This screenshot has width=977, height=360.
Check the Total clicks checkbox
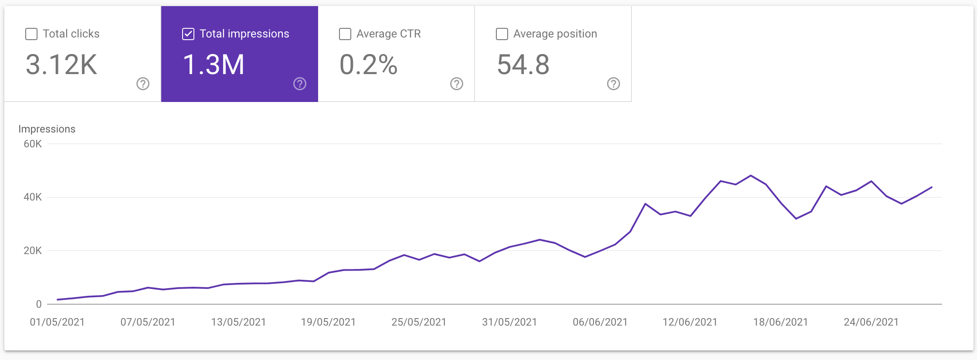click(x=31, y=34)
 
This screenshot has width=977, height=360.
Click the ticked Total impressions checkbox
click(x=188, y=34)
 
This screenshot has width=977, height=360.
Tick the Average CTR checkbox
click(x=345, y=34)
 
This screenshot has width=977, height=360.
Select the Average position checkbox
click(x=502, y=34)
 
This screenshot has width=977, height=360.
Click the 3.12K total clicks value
click(x=61, y=65)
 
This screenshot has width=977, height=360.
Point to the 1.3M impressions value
click(x=214, y=65)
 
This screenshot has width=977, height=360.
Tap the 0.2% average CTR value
click(x=368, y=65)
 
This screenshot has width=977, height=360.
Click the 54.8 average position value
click(x=523, y=65)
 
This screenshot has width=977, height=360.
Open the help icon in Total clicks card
click(x=143, y=84)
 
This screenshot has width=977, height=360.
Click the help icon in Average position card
click(x=614, y=84)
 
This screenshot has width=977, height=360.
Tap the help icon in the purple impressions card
click(x=300, y=84)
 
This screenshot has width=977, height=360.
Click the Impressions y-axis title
click(x=47, y=129)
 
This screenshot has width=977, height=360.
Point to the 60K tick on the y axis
click(x=33, y=144)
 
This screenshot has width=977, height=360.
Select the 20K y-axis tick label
click(x=33, y=251)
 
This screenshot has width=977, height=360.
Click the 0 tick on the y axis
click(x=39, y=304)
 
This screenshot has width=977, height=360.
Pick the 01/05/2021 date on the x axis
click(x=57, y=322)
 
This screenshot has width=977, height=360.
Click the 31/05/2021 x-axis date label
click(x=509, y=322)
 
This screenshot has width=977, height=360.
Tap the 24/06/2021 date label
click(x=871, y=322)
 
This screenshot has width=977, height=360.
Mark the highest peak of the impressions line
click(x=751, y=176)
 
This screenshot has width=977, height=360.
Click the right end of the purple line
click(x=932, y=187)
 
